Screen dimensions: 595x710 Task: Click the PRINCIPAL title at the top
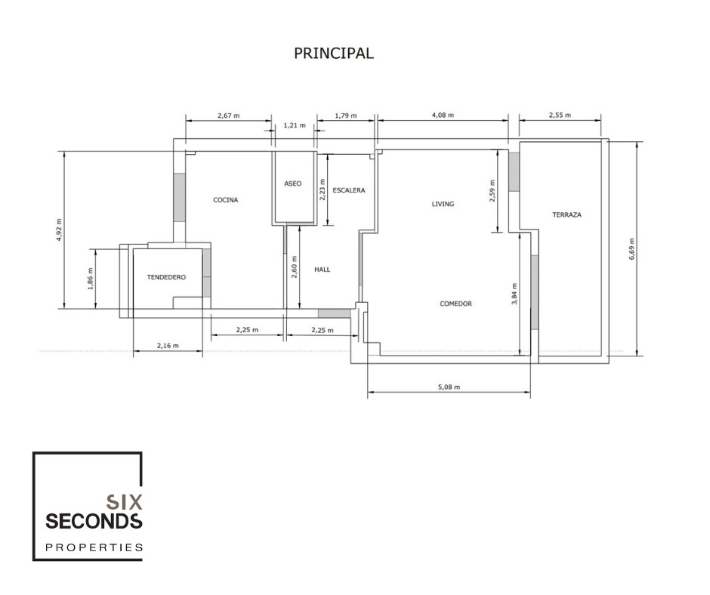click(333, 54)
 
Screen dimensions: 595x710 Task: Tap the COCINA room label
click(225, 200)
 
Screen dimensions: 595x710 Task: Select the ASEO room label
click(293, 183)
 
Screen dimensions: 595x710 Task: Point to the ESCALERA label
click(348, 190)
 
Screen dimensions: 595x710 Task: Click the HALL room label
click(323, 270)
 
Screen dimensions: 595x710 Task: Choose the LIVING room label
click(443, 204)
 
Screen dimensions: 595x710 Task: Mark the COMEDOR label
click(455, 304)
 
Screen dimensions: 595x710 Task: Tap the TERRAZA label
click(566, 215)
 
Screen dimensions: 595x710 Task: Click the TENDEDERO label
click(166, 278)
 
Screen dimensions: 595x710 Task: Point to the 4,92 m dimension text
click(58, 229)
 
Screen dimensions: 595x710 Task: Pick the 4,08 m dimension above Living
click(443, 116)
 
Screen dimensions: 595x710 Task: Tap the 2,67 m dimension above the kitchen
click(228, 116)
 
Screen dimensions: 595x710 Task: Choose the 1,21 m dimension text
click(294, 126)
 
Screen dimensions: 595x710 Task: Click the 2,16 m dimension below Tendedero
click(168, 346)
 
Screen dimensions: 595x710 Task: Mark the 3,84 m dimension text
click(514, 294)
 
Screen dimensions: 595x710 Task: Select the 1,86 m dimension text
click(90, 279)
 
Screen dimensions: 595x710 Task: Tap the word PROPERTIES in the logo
click(94, 547)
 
